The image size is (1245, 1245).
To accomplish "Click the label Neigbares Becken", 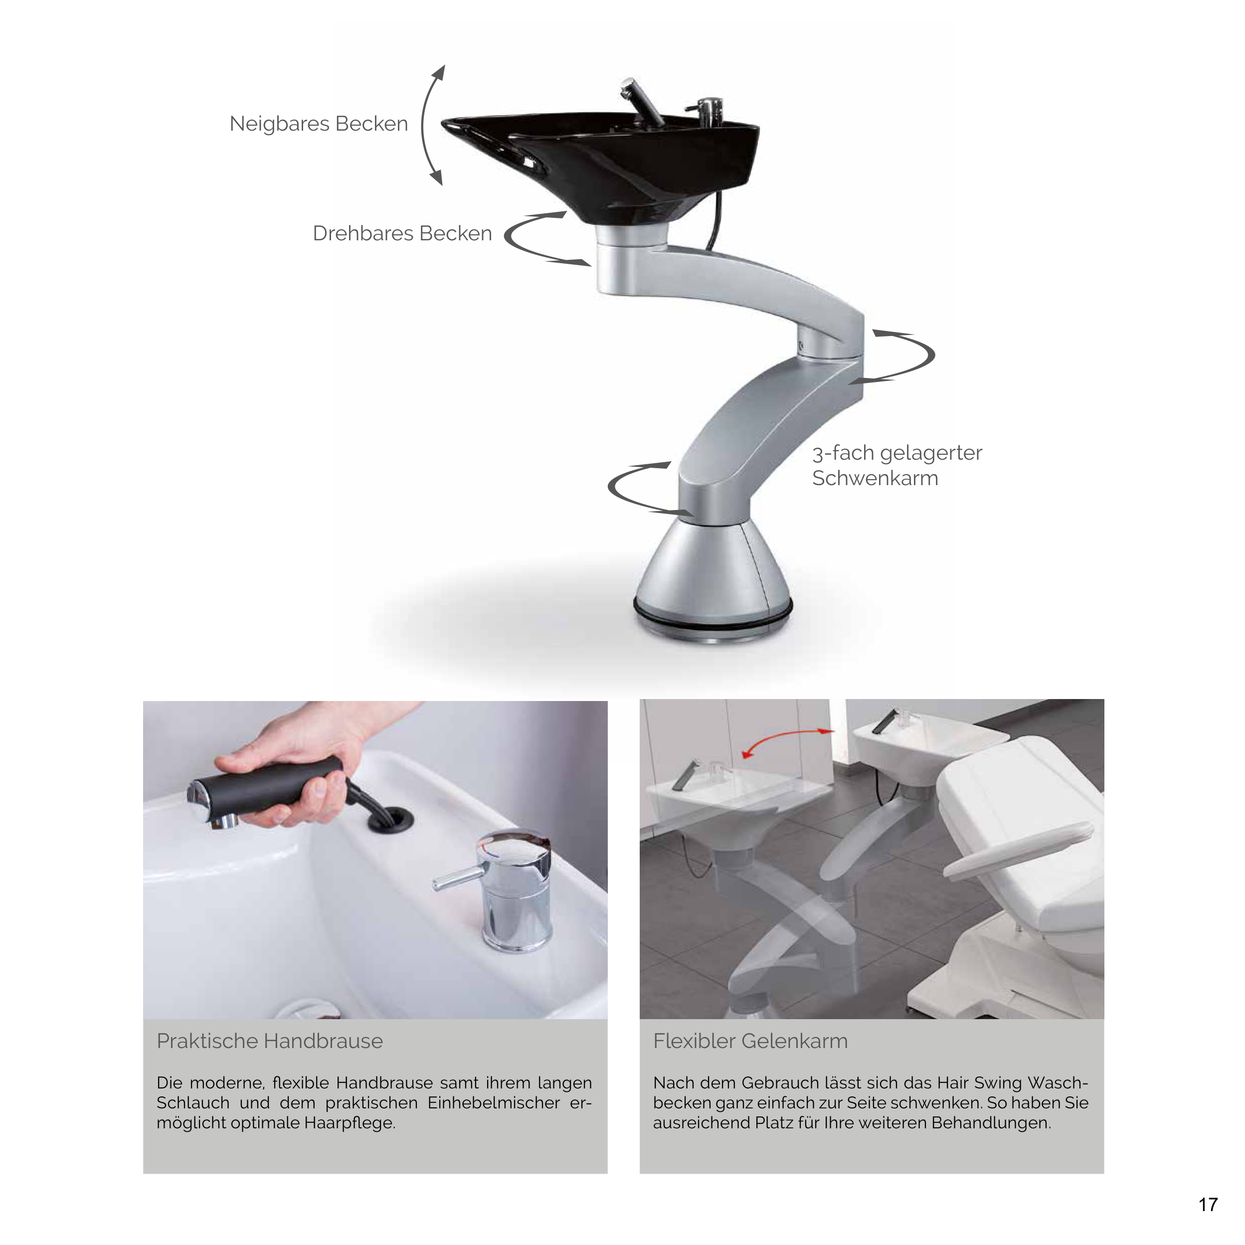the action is coord(318,124).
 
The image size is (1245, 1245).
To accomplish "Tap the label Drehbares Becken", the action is coord(402,233).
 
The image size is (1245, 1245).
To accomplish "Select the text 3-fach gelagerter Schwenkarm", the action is coord(896,465).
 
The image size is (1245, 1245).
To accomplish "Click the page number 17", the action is coord(1208,1205).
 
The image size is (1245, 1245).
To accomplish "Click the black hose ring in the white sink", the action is coord(390,820).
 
